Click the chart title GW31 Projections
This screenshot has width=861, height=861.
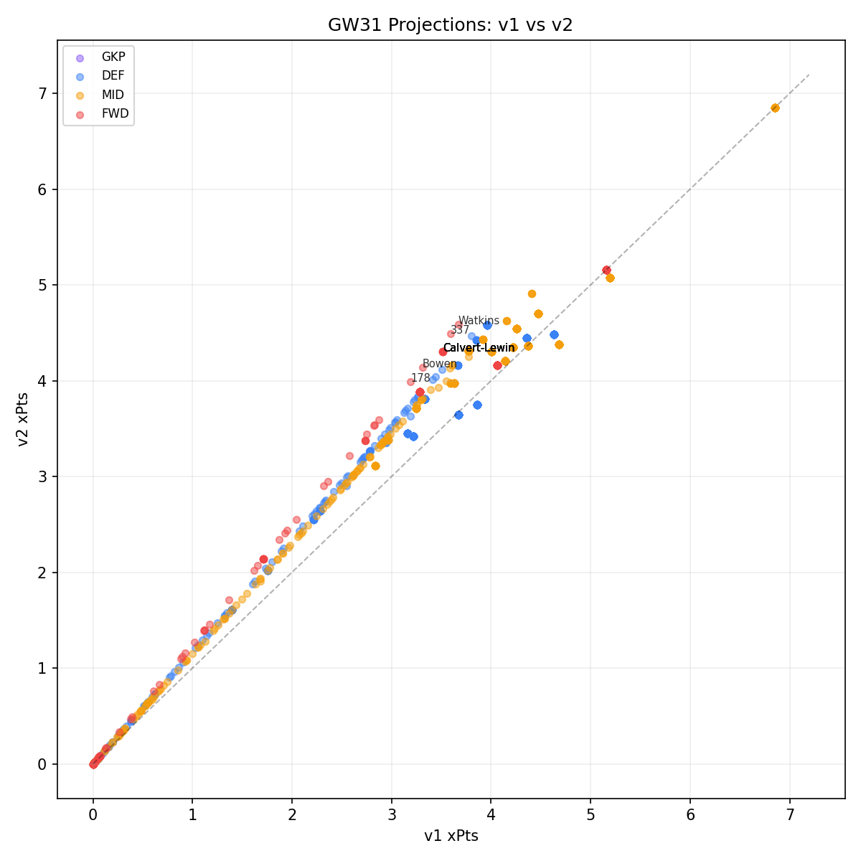[x=450, y=25]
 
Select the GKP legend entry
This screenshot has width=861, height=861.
[x=113, y=57]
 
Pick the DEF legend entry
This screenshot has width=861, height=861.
[x=113, y=76]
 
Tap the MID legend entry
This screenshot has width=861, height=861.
[x=113, y=95]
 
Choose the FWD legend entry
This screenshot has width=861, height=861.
[x=113, y=113]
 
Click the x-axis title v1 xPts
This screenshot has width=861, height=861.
[x=451, y=836]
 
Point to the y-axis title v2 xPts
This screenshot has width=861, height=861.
[x=24, y=419]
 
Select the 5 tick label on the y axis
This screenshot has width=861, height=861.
[x=42, y=285]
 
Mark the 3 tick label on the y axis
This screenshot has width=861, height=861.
[x=42, y=476]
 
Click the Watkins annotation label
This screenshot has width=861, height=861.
[x=479, y=321]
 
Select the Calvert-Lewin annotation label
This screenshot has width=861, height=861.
[x=479, y=348]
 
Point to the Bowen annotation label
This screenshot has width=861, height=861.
[x=439, y=364]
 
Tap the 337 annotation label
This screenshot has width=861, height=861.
[x=460, y=330]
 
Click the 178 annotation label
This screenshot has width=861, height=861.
[x=420, y=377]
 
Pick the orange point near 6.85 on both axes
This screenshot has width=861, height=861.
[x=775, y=108]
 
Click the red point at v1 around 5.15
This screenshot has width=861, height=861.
[x=606, y=270]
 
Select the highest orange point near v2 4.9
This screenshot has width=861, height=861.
[x=532, y=293]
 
